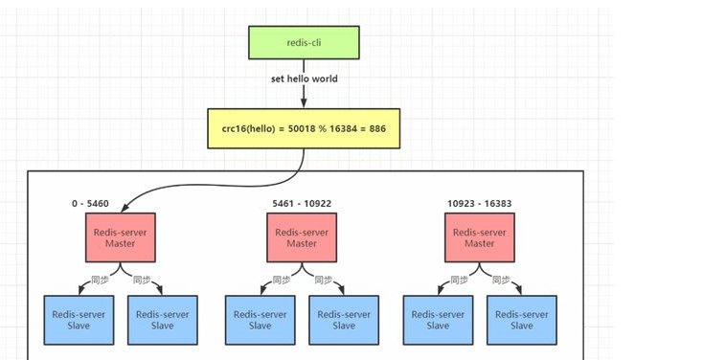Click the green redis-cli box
(304, 42)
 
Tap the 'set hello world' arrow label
(304, 79)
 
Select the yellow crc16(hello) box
(304, 128)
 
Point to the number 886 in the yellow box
(377, 128)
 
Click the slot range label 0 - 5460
(90, 204)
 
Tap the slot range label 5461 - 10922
(302, 204)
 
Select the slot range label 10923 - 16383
(479, 204)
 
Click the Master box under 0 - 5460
(121, 237)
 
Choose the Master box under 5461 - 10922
(302, 237)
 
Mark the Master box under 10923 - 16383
(480, 237)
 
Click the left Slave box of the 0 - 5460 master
(79, 320)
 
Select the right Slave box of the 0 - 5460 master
(163, 320)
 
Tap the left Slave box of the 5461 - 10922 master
(261, 320)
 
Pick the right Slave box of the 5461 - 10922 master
(344, 320)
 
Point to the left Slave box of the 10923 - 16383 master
(438, 320)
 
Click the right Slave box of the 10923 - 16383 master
(522, 320)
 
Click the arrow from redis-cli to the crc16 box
(304, 84)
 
